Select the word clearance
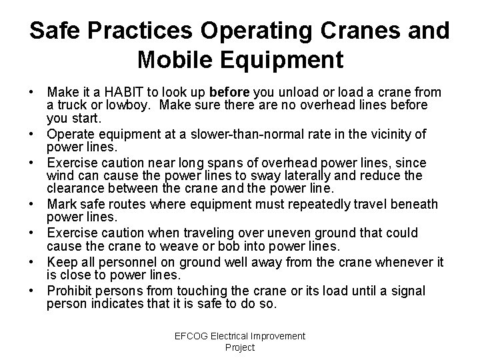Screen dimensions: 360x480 pos(75,189)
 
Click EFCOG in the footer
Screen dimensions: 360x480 pos(192,336)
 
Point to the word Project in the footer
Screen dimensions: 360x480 pos(240,347)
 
